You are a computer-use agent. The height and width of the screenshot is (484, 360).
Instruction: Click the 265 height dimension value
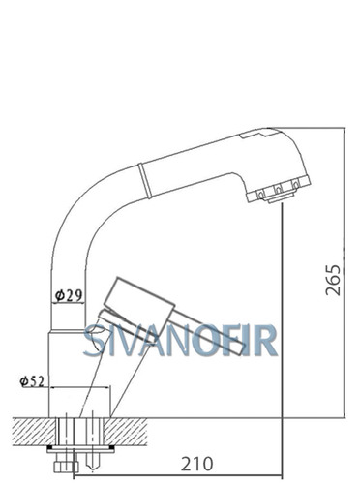click(x=333, y=280)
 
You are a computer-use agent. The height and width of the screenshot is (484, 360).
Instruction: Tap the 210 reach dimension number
click(x=196, y=464)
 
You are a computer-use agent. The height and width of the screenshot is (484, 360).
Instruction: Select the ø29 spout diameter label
click(x=69, y=295)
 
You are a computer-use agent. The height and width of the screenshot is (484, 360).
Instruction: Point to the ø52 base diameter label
click(x=32, y=381)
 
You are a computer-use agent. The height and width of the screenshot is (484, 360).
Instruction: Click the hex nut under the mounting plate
click(x=66, y=467)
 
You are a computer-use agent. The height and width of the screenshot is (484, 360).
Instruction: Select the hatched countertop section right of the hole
click(x=126, y=432)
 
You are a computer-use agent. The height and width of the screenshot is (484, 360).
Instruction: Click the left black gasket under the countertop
click(x=51, y=448)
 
